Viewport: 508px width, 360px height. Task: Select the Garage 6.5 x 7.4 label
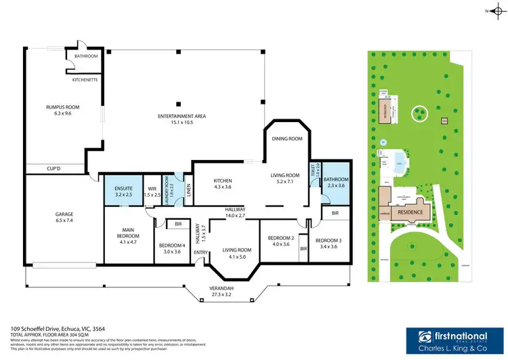(x=64, y=217)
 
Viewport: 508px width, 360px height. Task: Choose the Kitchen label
(x=223, y=184)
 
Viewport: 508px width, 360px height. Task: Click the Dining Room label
(x=287, y=138)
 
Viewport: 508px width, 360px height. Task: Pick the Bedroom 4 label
(x=172, y=247)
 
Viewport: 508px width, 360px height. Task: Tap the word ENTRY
(x=200, y=253)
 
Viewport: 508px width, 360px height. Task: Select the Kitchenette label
(x=85, y=79)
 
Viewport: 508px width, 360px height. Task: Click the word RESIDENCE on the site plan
(x=410, y=212)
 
